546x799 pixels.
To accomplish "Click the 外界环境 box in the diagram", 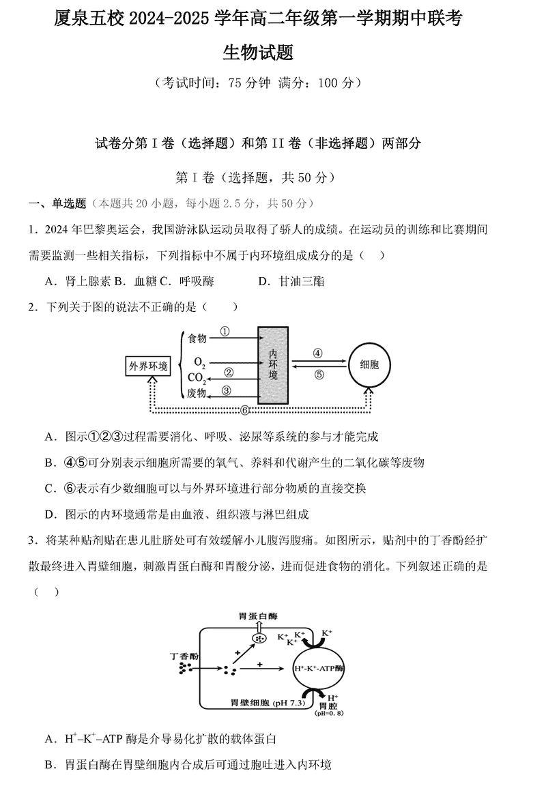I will coord(148,366).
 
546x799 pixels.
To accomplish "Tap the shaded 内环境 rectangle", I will coord(273,366).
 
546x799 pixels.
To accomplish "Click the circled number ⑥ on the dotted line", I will coord(245,410).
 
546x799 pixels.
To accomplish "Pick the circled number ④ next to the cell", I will coord(317,353).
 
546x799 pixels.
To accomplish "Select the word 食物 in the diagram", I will coord(197,338).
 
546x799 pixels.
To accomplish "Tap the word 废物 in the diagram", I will coord(197,393).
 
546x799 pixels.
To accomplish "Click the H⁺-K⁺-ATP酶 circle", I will coord(319,667).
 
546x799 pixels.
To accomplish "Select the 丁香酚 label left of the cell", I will coord(184,656).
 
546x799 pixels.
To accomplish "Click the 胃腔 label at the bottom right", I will coord(329,706).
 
